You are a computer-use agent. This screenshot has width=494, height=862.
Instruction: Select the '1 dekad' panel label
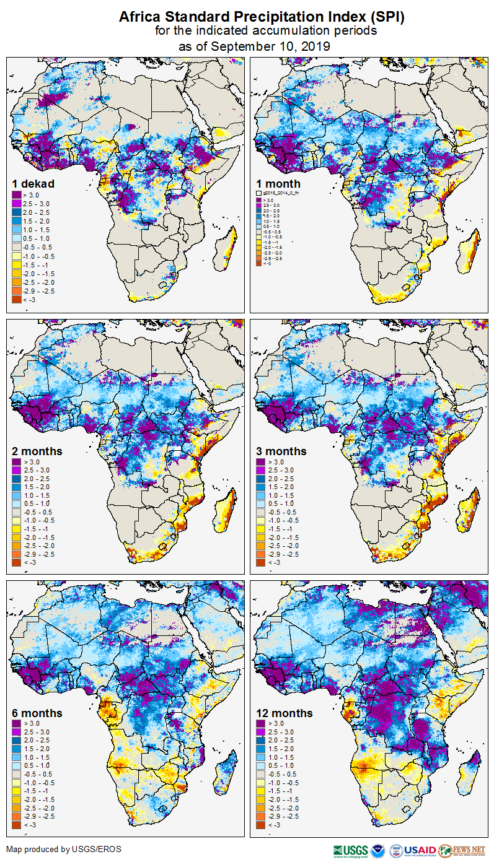tap(33, 183)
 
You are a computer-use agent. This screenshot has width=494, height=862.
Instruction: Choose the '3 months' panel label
tap(281, 451)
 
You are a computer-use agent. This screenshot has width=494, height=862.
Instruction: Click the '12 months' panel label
tap(284, 713)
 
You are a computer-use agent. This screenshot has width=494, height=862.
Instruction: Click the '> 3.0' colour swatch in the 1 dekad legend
tap(16, 196)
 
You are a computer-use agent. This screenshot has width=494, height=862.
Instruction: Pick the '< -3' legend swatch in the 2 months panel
tap(16, 562)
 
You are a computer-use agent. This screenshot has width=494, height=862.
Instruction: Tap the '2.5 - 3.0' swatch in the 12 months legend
tap(261, 732)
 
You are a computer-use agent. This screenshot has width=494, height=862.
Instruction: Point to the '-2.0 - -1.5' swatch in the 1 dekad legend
tap(16, 273)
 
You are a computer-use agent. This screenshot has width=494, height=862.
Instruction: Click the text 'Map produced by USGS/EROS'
tap(64, 848)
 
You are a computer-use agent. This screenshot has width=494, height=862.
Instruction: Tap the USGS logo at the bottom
tap(351, 850)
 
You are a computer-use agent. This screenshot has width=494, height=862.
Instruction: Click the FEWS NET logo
tap(462, 850)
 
